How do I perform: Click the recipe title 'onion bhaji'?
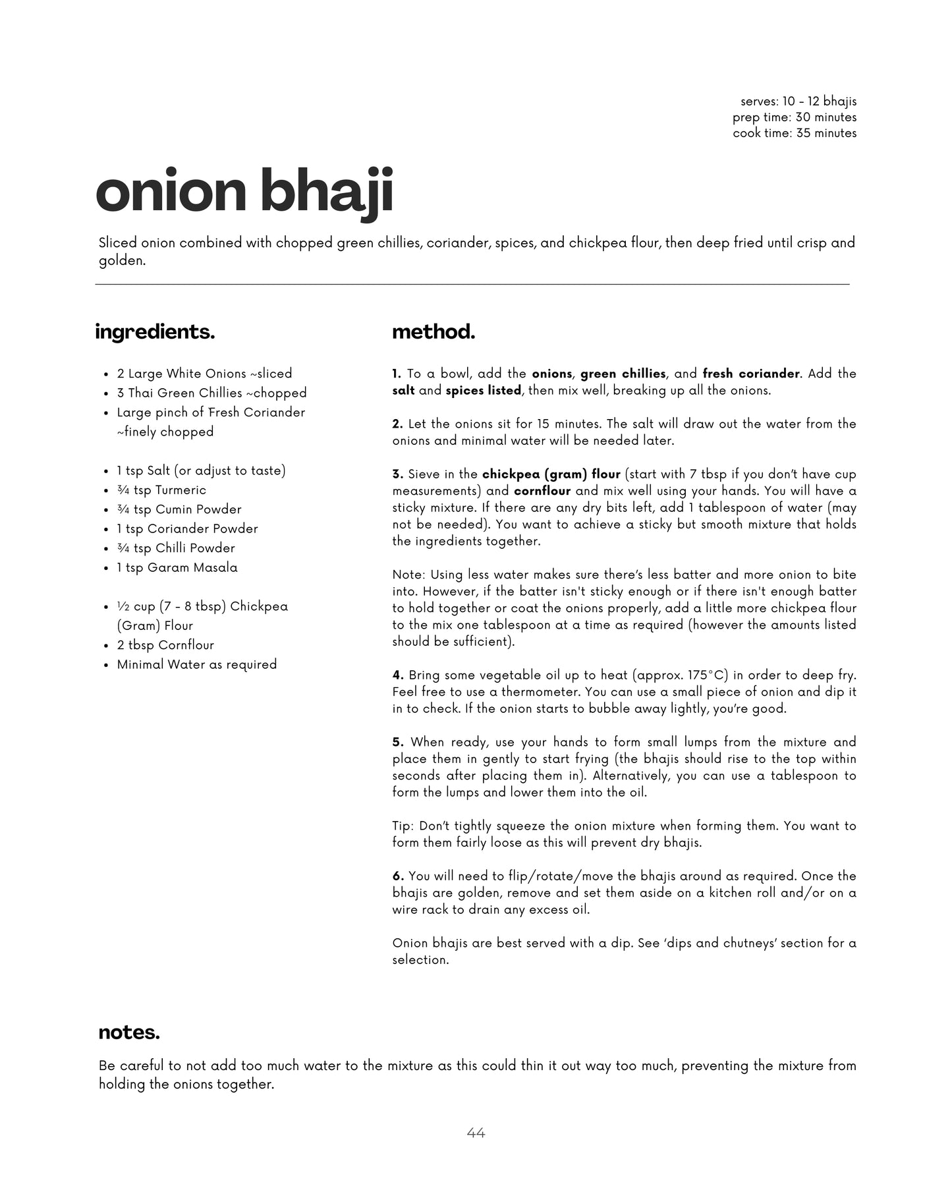tap(244, 191)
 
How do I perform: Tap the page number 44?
tap(476, 1133)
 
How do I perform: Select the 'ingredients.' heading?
tap(155, 331)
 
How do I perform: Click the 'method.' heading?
tap(434, 331)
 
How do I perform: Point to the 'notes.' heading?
tap(129, 1033)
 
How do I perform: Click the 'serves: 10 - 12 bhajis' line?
tap(798, 101)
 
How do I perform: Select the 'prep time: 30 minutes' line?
tap(794, 117)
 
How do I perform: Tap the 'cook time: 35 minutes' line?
tap(794, 133)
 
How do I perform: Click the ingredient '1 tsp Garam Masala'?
tap(177, 567)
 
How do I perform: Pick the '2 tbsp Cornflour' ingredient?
tap(165, 645)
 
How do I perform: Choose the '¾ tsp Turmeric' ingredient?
tap(161, 490)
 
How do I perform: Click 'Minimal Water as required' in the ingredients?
tap(196, 664)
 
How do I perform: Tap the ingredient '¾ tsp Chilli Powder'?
tap(176, 548)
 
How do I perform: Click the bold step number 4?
tap(398, 675)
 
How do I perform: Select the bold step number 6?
tap(398, 876)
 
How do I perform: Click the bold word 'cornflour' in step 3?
tap(542, 491)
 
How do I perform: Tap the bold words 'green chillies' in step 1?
tap(623, 374)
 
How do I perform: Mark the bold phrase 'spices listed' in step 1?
tap(483, 391)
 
